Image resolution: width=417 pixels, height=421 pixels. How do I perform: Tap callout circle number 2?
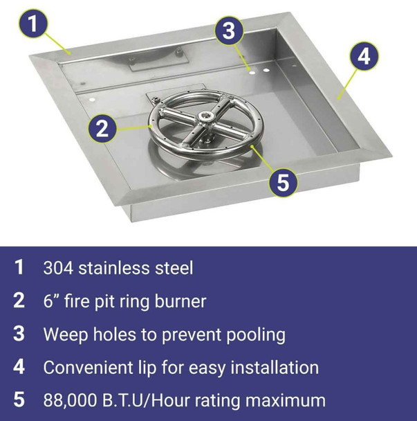(x=102, y=128)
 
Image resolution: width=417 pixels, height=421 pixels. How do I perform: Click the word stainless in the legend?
(x=113, y=267)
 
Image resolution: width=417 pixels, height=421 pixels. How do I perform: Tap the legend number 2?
(x=19, y=301)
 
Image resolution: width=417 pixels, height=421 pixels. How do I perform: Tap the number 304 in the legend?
(x=58, y=267)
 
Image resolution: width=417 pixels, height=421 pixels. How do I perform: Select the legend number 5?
(x=19, y=400)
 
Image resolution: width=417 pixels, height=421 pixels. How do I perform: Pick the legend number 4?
(x=19, y=367)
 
